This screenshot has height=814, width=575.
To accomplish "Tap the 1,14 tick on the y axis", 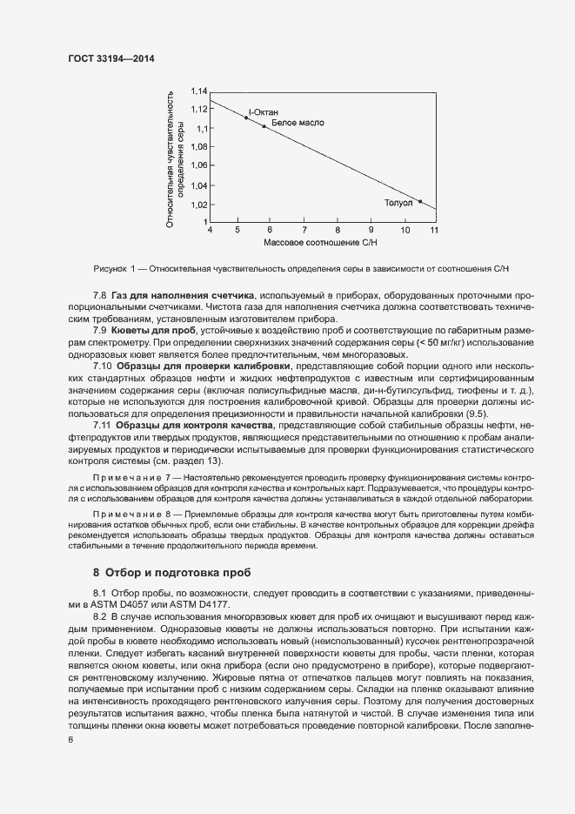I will pyautogui.click(x=199, y=91).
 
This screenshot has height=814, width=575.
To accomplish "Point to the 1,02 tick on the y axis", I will pyautogui.click(x=199, y=205).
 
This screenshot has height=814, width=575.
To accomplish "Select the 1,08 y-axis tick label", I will pyautogui.click(x=199, y=146).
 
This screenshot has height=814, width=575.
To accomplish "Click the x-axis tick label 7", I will pyautogui.click(x=304, y=231).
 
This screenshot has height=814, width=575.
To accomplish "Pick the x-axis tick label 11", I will pyautogui.click(x=433, y=231).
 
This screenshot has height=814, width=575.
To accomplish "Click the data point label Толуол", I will pyautogui.click(x=398, y=202).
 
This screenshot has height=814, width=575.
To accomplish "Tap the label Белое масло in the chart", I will pyautogui.click(x=298, y=123).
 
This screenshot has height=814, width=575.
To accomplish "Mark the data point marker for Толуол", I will pyautogui.click(x=420, y=202).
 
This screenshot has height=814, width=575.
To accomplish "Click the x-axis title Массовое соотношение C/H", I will pyautogui.click(x=321, y=242).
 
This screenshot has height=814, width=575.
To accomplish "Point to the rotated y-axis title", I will pyautogui.click(x=175, y=157).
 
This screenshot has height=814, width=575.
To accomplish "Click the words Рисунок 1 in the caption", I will pyautogui.click(x=112, y=267).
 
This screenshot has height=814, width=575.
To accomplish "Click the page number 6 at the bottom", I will pyautogui.click(x=70, y=739).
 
